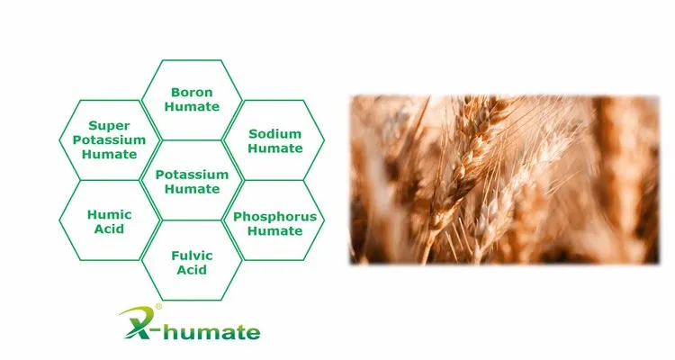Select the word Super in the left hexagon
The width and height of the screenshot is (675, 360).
[109, 127]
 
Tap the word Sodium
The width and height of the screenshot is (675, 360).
[274, 134]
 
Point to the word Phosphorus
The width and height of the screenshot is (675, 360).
[274, 217]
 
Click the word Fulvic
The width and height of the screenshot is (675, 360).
[193, 256]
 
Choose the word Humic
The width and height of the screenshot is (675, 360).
[110, 214]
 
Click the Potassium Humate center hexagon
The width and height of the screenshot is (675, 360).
[192, 181]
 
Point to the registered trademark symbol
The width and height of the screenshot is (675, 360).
[159, 307]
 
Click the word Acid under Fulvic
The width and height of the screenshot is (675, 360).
[193, 270]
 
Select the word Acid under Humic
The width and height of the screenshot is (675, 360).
[110, 229]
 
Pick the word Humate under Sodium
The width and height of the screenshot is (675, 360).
[274, 148]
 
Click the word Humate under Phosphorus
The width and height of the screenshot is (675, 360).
[274, 231]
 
